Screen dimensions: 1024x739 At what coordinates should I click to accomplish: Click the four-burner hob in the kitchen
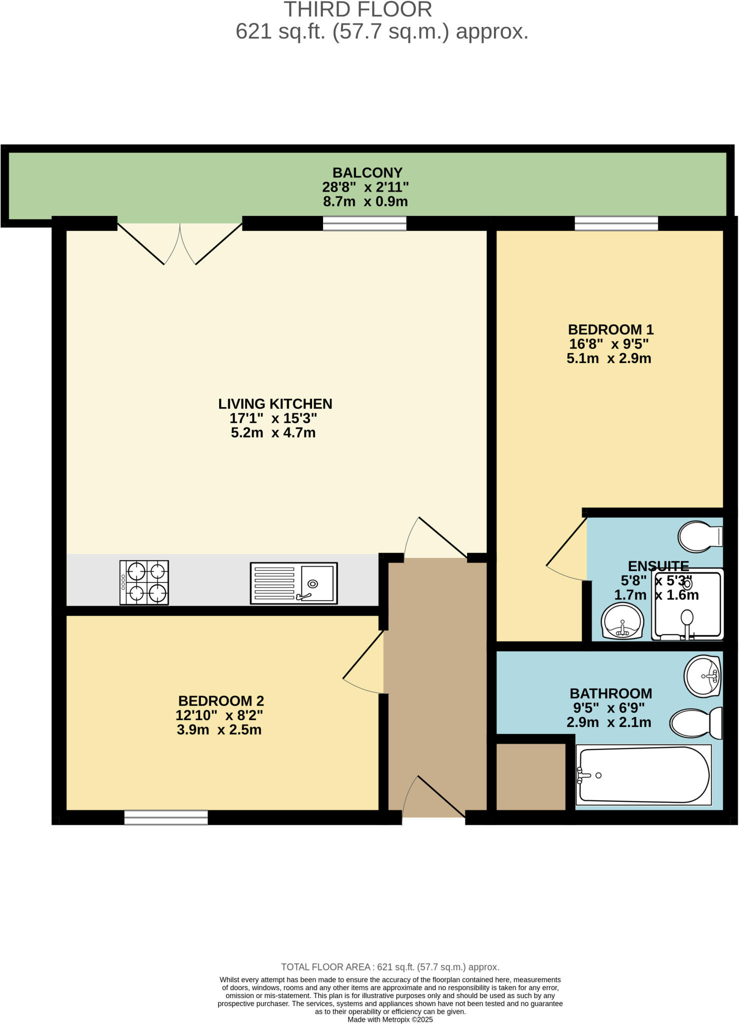click(144, 582)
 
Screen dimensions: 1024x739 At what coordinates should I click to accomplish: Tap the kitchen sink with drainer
click(293, 583)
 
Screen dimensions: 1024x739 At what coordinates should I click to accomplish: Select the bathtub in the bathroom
click(643, 775)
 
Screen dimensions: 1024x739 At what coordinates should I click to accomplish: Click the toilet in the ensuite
click(700, 536)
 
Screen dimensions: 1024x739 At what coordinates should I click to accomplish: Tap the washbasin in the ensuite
click(622, 621)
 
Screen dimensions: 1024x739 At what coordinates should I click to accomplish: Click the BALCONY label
click(367, 172)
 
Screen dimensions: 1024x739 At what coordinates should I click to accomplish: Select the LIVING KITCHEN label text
click(275, 403)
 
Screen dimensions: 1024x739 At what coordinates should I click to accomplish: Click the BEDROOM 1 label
click(610, 329)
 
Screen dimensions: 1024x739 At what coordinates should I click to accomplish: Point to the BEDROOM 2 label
click(221, 700)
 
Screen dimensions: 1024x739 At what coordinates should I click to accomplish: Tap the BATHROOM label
click(610, 693)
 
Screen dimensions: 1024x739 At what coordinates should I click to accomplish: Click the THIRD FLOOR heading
click(357, 10)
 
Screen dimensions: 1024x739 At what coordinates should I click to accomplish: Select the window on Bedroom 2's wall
click(166, 817)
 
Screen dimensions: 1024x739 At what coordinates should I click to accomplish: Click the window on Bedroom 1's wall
click(616, 223)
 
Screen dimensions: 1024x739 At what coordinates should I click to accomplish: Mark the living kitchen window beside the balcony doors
click(364, 223)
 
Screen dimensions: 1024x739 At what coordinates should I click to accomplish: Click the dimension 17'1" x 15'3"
click(273, 418)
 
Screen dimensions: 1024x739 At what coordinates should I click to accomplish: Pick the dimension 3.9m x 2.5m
click(219, 729)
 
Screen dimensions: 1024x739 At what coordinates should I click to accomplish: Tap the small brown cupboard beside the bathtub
click(530, 776)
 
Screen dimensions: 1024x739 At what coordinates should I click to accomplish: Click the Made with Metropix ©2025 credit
click(390, 1019)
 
